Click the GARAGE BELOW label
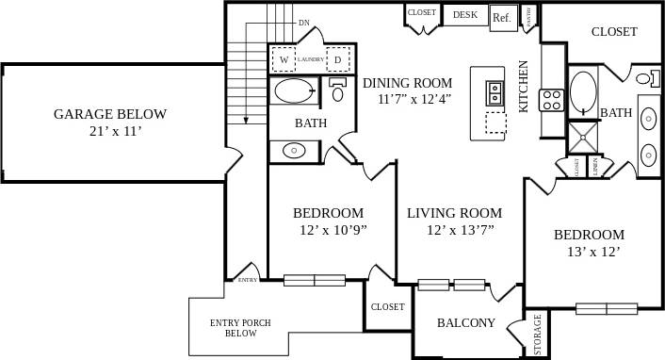point(109,115)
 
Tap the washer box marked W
point(283,59)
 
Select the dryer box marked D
point(339,59)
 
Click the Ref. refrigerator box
point(501,17)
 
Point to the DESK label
point(465,15)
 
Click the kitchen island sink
point(495,92)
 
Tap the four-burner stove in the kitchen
point(551,99)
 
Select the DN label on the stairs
point(303,22)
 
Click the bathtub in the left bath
point(294,91)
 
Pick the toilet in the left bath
point(338,91)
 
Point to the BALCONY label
point(465,322)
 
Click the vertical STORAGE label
point(538,335)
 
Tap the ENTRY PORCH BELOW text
point(240,328)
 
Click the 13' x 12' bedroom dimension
point(589,252)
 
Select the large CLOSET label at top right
point(614,32)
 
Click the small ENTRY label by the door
point(248,279)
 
